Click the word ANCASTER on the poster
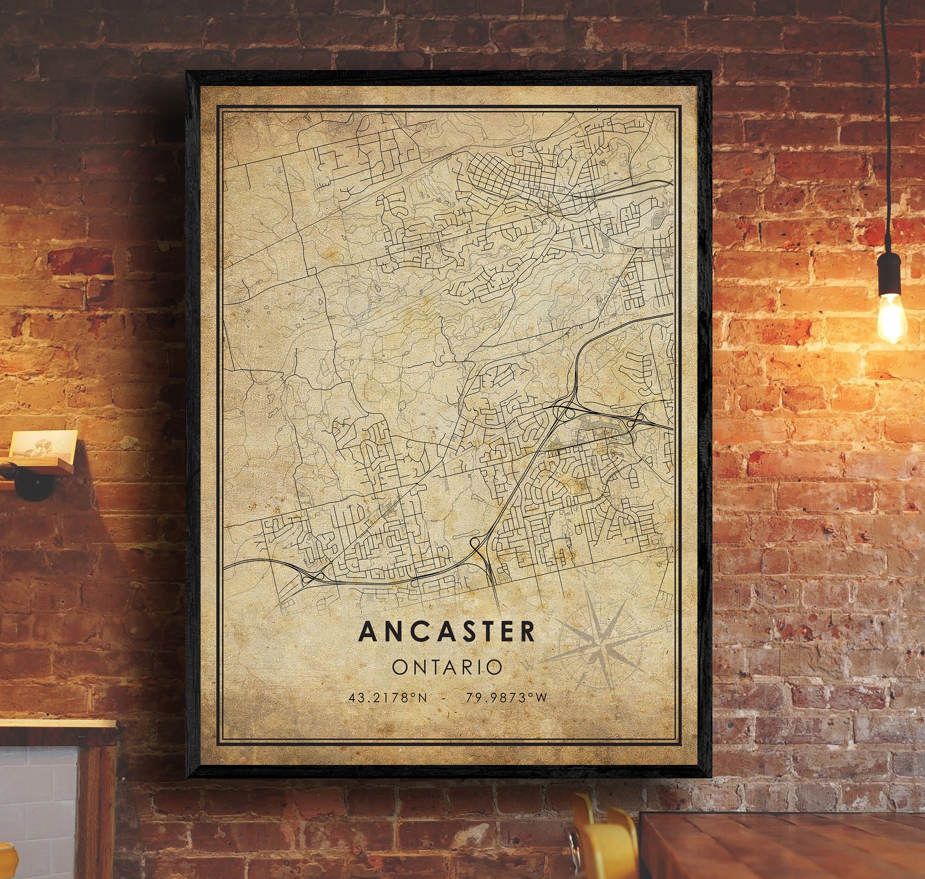coord(446,632)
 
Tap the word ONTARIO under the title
coord(446,667)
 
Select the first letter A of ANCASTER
coord(366,632)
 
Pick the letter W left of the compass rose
coord(530,665)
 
